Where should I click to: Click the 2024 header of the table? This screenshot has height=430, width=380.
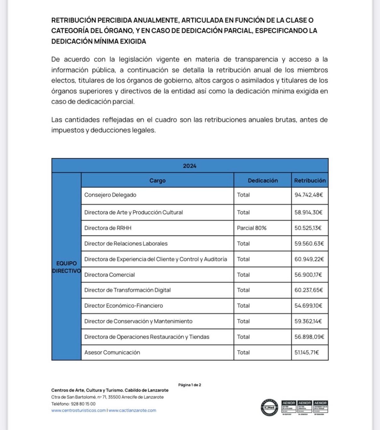[190, 166]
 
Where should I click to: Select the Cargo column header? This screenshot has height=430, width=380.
[157, 181]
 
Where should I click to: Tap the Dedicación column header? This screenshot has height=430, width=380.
[263, 181]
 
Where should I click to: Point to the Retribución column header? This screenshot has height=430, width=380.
[310, 181]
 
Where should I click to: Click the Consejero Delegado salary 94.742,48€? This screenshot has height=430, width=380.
[308, 195]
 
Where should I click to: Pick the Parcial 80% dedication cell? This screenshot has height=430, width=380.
[251, 228]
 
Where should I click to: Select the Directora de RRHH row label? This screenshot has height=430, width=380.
[108, 228]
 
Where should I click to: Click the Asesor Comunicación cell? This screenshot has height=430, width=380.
[112, 352]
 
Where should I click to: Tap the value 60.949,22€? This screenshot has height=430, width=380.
[309, 259]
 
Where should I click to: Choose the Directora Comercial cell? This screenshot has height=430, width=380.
[109, 275]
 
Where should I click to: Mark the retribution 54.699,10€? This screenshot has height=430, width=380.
[308, 306]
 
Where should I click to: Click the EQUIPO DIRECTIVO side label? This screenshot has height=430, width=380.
[66, 267]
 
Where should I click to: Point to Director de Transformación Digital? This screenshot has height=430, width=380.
[127, 290]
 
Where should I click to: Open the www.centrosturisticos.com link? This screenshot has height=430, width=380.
[78, 410]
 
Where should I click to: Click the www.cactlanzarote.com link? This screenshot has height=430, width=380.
[132, 410]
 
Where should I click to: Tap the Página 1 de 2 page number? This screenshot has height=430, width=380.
[190, 385]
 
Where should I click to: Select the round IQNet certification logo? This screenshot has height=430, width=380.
[269, 407]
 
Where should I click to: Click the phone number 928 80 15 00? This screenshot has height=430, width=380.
[83, 404]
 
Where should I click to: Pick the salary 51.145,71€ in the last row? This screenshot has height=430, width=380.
[307, 352]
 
